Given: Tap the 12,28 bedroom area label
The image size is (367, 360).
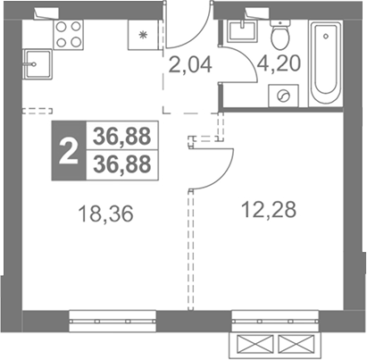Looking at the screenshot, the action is point(269,209).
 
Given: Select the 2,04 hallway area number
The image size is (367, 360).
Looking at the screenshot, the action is point(190,64).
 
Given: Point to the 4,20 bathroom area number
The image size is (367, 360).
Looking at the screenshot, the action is point(279,63).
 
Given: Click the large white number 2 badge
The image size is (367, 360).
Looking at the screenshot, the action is point(69,151).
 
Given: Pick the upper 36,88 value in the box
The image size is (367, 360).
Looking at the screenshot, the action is point(121,136).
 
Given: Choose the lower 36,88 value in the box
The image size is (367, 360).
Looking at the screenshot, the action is point(121,164).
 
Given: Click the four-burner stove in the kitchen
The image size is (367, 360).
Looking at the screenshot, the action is point(69,35).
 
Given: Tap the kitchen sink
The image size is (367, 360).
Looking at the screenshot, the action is point(38,64).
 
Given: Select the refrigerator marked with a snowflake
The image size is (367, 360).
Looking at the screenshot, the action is point(143,35).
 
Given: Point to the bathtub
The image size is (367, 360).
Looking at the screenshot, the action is point(326,63).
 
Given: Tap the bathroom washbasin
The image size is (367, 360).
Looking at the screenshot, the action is point(242,30).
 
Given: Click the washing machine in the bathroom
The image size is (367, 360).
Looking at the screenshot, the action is point(283,96).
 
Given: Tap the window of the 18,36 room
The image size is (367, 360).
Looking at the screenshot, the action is point(113,322).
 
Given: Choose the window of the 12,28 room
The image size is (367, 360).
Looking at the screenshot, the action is point(275,321).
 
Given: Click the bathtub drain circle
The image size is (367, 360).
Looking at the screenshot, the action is point(326,37).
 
